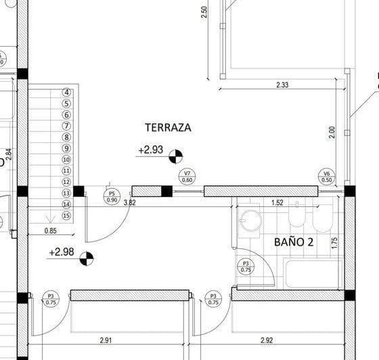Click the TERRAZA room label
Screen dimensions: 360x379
tap(168, 127)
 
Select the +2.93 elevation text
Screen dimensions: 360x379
tap(150, 150)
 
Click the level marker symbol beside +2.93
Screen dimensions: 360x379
tap(175, 156)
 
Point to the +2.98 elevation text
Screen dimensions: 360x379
tap(62, 252)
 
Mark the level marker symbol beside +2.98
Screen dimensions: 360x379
tap(87, 258)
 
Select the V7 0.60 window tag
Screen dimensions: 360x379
tap(189, 176)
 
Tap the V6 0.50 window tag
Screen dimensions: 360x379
tap(327, 176)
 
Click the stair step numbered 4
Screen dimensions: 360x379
tap(66, 93)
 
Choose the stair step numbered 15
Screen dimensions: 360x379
tap(66, 215)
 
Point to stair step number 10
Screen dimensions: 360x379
tap(66, 160)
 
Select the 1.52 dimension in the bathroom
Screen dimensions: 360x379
tap(277, 202)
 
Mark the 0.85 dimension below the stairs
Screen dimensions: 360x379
tap(50, 231)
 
